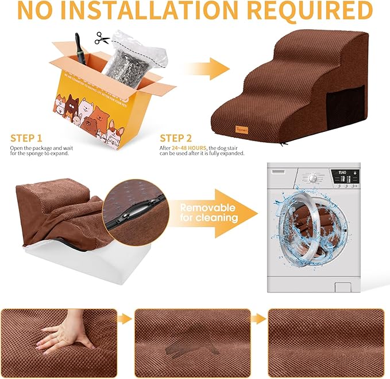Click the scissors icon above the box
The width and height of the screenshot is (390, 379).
(x=102, y=38)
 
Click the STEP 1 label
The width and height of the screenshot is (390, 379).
(x=26, y=138)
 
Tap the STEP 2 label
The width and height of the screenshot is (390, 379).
(x=176, y=138)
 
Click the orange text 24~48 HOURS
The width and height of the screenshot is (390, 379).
(x=190, y=147)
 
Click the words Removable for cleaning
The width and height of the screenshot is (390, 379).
(x=207, y=212)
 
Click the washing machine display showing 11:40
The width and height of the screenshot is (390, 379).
(x=342, y=171)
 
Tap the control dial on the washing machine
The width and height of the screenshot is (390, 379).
(x=312, y=178)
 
